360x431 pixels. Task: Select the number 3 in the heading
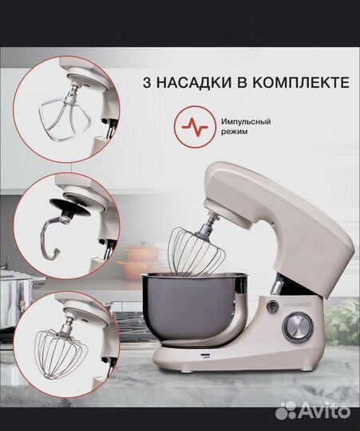(148, 83)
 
